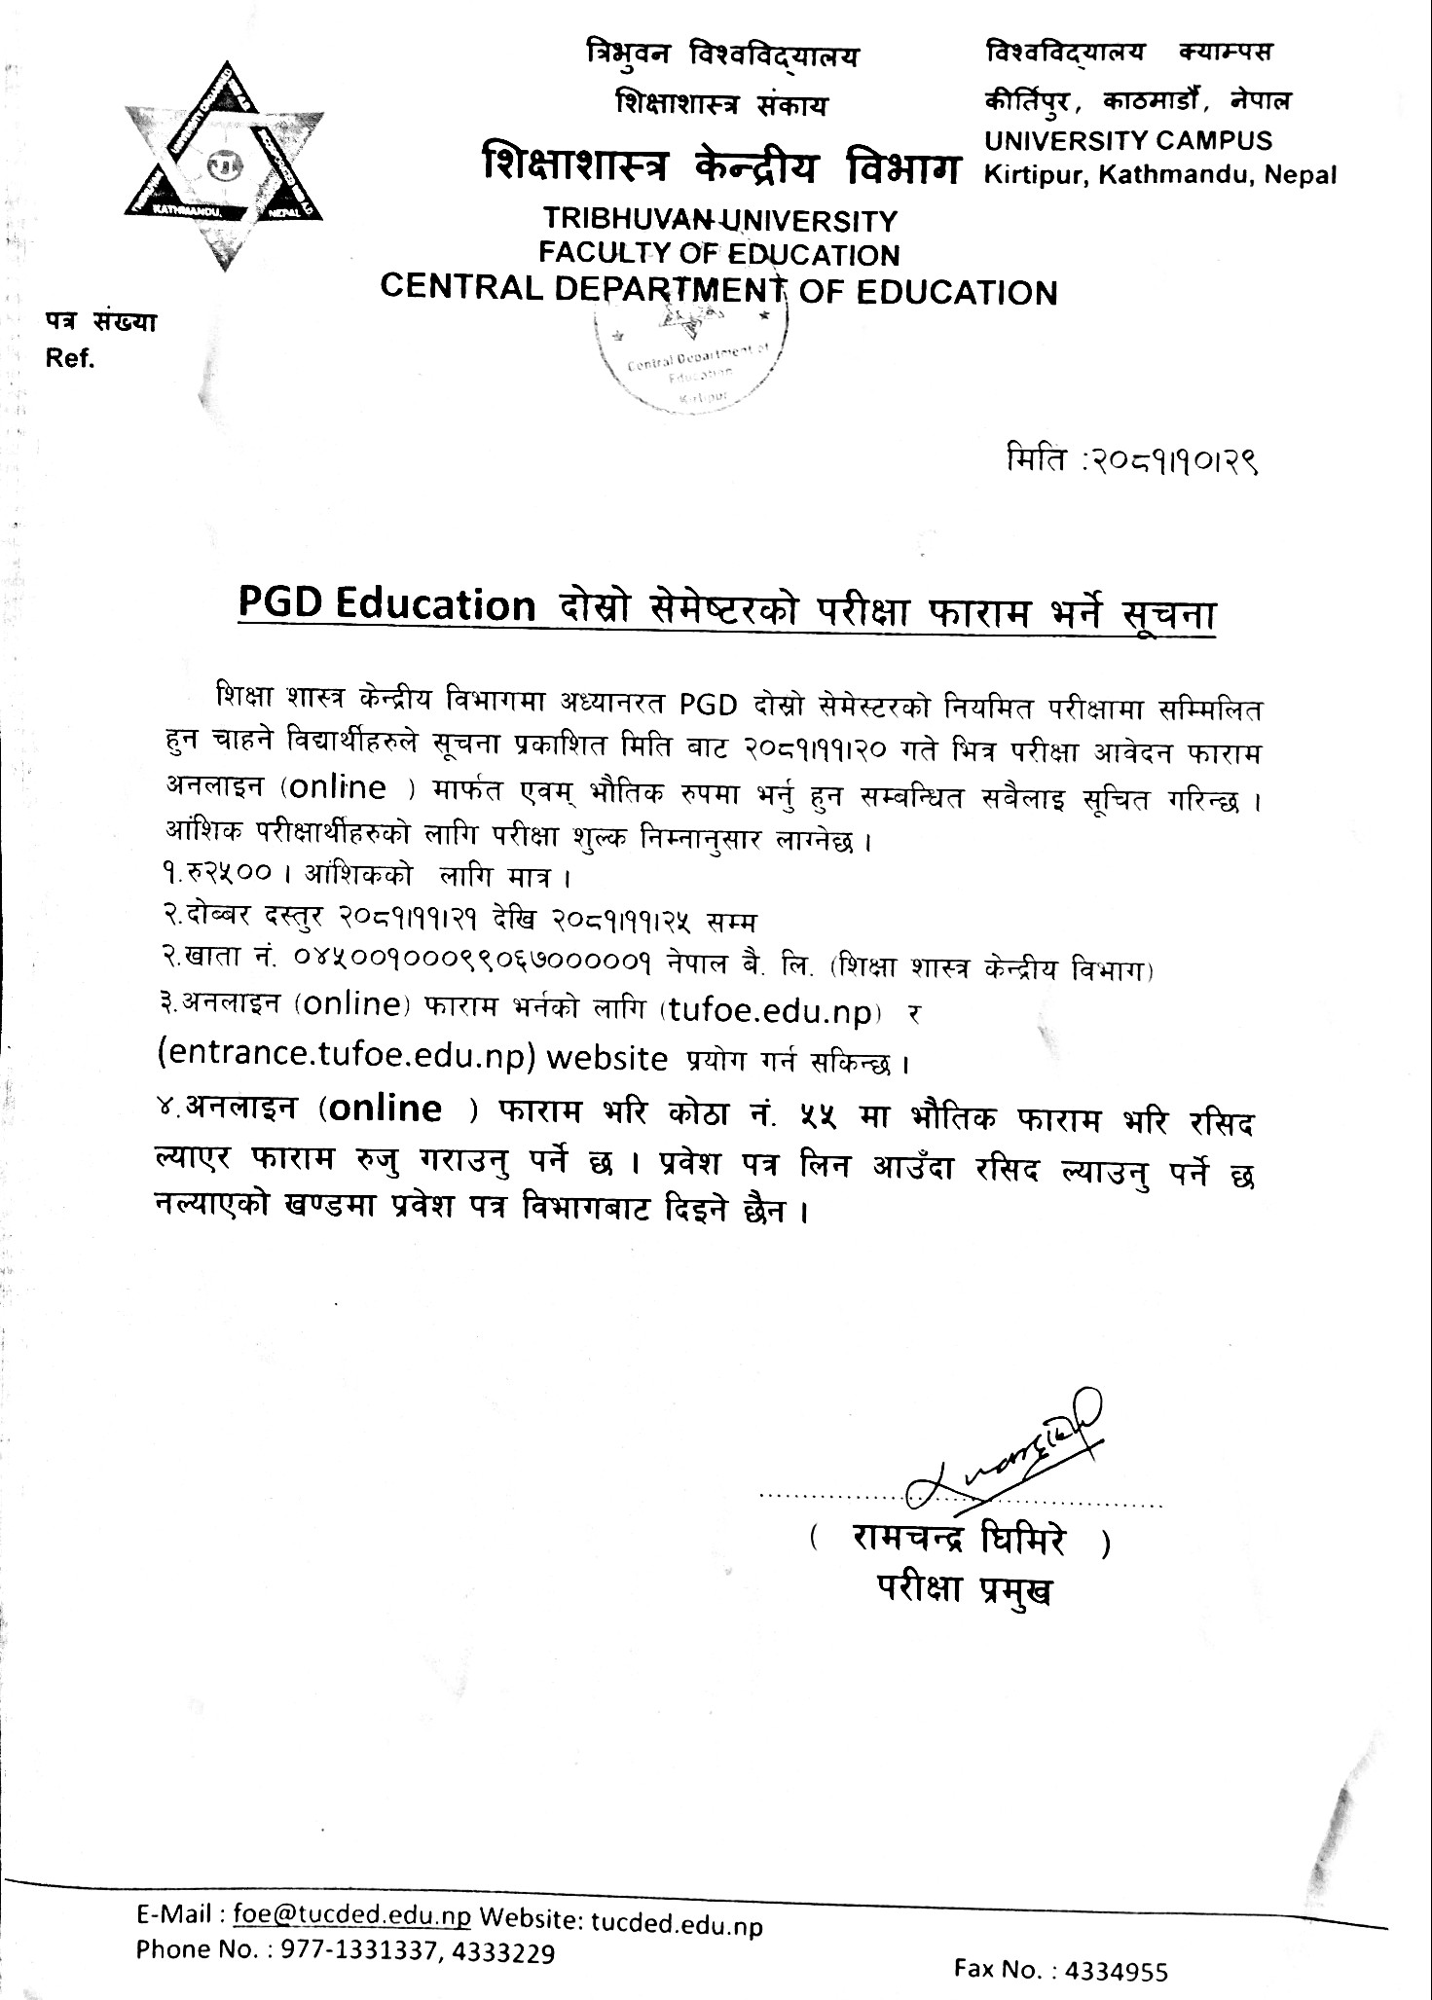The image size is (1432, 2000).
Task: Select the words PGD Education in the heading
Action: tap(386, 605)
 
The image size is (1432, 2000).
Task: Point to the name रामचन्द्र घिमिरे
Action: tap(959, 1540)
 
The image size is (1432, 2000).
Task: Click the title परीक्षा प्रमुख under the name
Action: tap(963, 1589)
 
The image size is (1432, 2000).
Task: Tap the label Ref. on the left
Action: tap(69, 359)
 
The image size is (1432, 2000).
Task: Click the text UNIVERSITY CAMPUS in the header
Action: tap(1127, 141)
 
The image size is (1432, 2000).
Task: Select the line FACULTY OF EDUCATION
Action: tap(718, 255)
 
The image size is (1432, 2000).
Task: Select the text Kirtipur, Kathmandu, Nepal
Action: tap(1160, 175)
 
